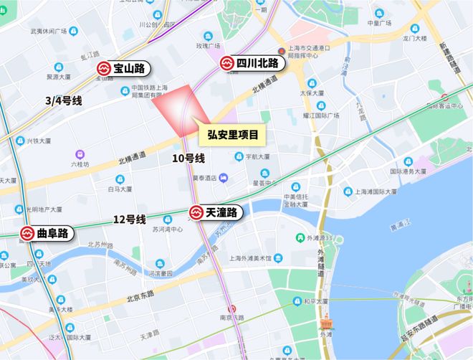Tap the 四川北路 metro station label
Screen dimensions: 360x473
pyautogui.click(x=252, y=64)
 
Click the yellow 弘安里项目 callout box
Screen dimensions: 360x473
pyautogui.click(x=232, y=134)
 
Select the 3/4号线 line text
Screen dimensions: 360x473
pyautogui.click(x=63, y=101)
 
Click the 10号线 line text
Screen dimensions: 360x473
pyautogui.click(x=188, y=158)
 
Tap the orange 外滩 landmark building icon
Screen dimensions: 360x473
pyautogui.click(x=326, y=321)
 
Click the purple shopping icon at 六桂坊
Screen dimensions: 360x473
pyautogui.click(x=78, y=153)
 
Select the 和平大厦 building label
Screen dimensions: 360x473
pyautogui.click(x=315, y=301)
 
